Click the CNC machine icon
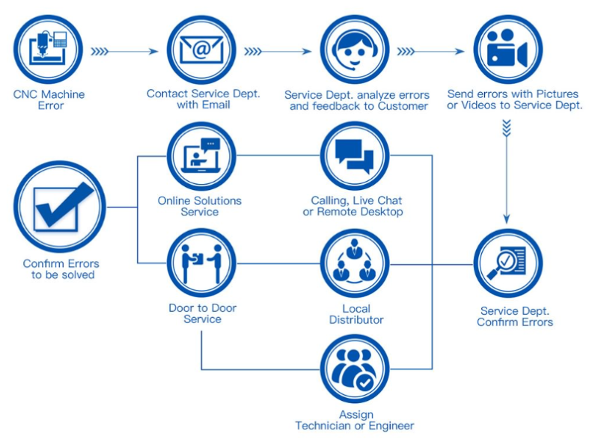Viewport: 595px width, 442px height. point(49,49)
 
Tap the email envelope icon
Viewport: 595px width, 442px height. point(201,49)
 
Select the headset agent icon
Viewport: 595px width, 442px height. point(355,49)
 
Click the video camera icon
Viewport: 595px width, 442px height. point(507,49)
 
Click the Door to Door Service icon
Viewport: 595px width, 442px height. point(201,263)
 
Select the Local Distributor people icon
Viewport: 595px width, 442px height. point(355,263)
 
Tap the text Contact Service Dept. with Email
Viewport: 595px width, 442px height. point(203,99)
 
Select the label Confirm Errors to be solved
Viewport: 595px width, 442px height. point(61,269)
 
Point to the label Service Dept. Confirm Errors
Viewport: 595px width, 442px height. point(515,316)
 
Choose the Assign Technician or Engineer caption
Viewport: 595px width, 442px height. point(355,420)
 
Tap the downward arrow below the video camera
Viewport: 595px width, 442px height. point(507,172)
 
